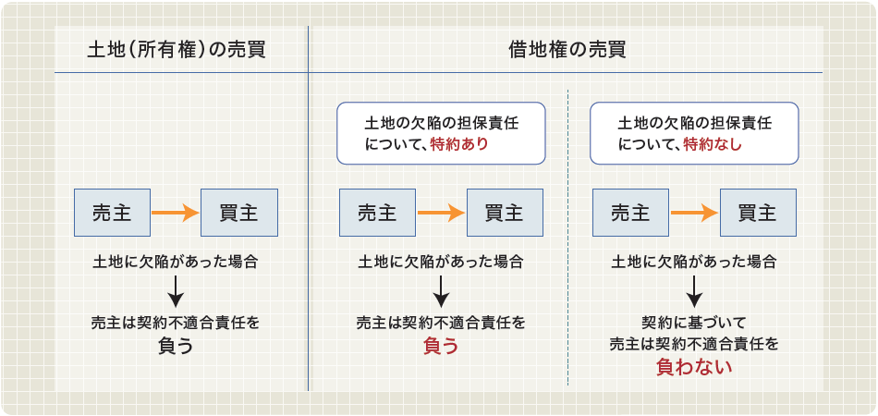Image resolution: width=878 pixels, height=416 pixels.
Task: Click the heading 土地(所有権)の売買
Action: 177,51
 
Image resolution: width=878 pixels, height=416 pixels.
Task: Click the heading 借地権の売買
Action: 567,51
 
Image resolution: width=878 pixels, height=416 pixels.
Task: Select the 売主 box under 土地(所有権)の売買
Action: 112,213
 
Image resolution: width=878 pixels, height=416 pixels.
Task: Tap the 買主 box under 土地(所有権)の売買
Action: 239,213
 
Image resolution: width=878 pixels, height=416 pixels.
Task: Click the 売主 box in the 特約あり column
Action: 377,213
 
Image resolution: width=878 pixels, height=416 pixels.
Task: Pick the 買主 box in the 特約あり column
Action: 505,213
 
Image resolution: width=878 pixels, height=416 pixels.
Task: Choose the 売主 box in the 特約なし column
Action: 630,213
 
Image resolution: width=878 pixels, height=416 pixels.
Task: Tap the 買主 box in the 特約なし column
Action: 758,213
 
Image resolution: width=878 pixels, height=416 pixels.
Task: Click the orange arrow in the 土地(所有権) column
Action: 176,213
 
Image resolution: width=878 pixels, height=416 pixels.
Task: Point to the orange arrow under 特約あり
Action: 441,213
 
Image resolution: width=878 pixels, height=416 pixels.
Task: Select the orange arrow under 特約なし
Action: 694,213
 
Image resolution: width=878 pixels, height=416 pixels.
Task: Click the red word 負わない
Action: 694,367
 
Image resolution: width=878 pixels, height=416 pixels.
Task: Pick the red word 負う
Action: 441,347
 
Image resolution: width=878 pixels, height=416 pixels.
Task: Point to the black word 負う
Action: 176,347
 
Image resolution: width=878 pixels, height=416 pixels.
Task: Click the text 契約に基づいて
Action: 694,323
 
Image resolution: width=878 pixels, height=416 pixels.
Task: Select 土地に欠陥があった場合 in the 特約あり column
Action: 441,262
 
